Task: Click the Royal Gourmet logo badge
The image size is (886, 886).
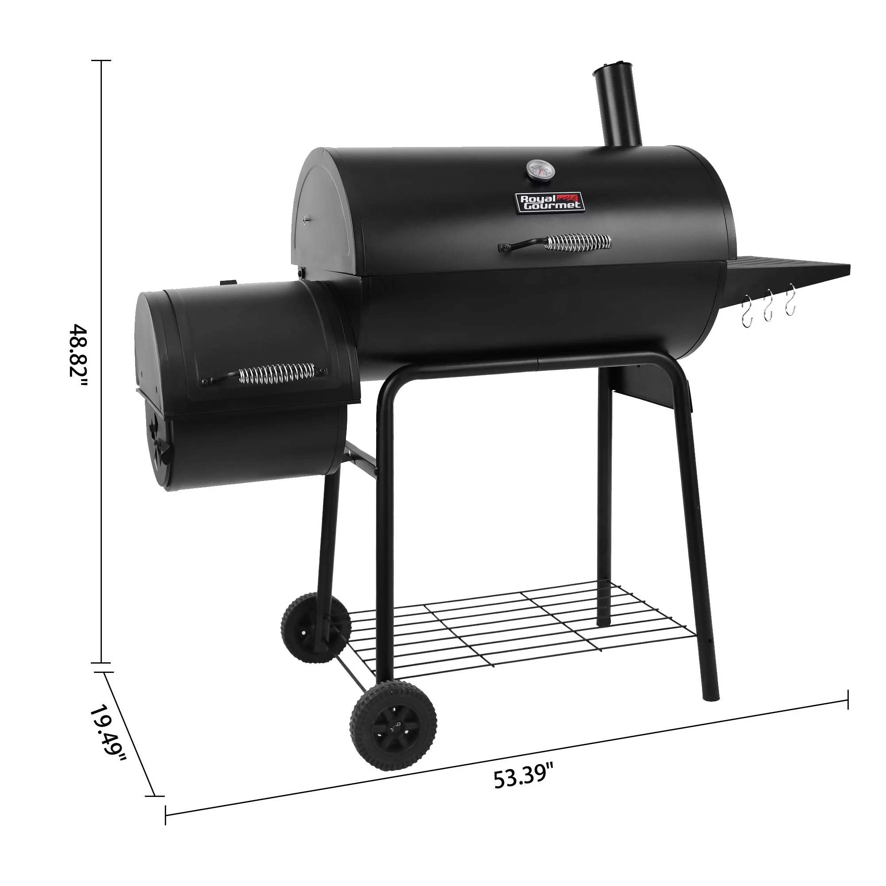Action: coord(550,202)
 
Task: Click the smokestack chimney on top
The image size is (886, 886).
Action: coord(617,110)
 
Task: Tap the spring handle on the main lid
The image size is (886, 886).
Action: coord(577,242)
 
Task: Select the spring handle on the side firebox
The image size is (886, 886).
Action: coord(277,373)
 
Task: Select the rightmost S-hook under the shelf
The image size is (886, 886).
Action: coord(790,300)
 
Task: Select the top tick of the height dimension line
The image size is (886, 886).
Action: coord(101,60)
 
